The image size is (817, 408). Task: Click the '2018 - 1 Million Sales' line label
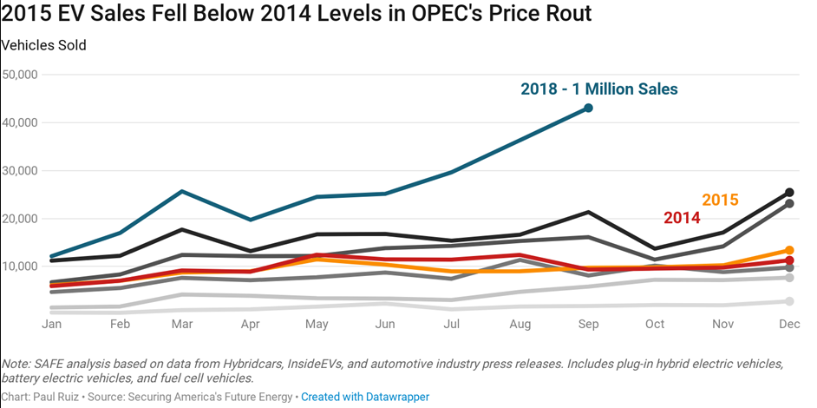(598, 89)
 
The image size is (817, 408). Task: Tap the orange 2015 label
(720, 200)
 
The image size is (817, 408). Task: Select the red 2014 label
(682, 218)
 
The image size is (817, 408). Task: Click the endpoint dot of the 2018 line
(588, 108)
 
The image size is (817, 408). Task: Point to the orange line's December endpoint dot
(789, 250)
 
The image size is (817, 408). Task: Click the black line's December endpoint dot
(789, 192)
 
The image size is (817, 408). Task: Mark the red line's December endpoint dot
(789, 260)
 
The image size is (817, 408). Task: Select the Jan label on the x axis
(53, 324)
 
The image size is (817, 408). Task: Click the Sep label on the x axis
(588, 324)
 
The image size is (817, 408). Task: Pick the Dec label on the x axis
(789, 324)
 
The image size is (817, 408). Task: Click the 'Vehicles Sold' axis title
(43, 45)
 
